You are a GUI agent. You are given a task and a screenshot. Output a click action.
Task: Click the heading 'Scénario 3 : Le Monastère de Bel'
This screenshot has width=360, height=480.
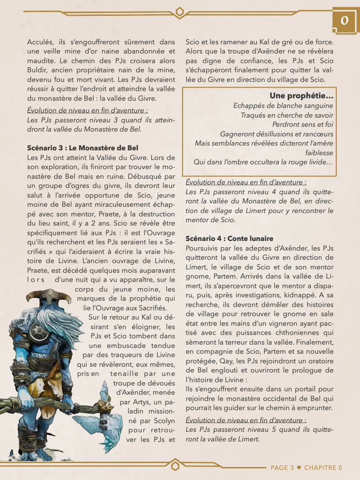(x=82, y=147)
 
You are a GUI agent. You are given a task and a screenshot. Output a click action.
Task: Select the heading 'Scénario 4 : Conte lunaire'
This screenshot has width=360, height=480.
(x=229, y=239)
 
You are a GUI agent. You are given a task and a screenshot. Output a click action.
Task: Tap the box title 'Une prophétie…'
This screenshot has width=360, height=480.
(x=302, y=96)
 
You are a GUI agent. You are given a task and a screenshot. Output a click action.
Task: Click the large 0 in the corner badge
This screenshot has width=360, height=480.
(x=345, y=21)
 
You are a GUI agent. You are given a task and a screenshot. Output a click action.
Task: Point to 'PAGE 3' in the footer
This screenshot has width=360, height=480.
(x=282, y=467)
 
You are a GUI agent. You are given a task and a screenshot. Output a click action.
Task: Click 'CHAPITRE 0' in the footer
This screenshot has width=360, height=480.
(x=323, y=467)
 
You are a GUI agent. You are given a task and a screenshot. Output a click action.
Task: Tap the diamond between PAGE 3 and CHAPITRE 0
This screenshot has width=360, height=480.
(x=299, y=467)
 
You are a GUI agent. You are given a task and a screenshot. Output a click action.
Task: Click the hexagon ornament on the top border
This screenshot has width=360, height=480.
(x=180, y=12)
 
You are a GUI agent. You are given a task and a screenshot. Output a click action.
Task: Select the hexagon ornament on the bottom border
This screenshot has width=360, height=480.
(x=175, y=466)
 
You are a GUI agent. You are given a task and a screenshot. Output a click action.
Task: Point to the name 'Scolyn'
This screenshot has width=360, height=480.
(x=162, y=420)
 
